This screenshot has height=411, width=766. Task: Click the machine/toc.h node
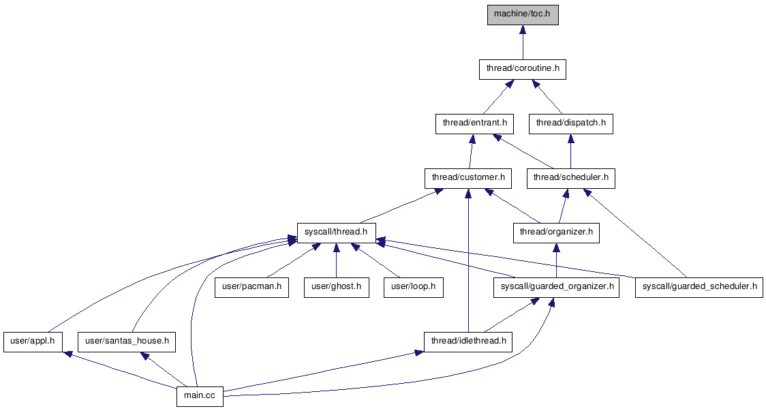point(523,14)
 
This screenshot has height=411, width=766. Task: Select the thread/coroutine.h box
point(523,69)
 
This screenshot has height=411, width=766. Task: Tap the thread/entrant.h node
point(474,123)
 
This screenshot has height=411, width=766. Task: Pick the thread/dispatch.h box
point(570,123)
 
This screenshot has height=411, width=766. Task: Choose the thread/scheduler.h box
point(570,178)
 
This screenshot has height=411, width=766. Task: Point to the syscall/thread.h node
point(336,232)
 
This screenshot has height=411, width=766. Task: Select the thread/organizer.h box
point(556,232)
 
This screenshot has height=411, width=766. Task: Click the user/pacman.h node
point(251,287)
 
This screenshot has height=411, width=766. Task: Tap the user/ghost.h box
point(336,287)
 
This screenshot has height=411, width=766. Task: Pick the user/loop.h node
point(413,287)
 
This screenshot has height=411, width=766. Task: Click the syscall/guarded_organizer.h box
point(557,287)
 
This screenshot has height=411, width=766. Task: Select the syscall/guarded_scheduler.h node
point(699,287)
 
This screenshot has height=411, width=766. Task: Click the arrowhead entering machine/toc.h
point(523,30)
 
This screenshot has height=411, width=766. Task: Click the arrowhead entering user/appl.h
point(67,355)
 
